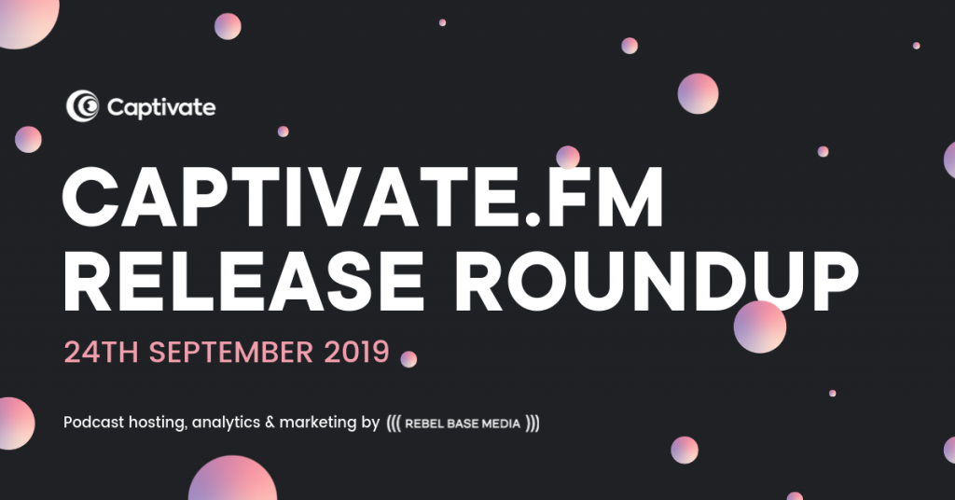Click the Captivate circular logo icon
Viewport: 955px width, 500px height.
(82, 106)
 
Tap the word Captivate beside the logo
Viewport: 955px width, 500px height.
(160, 108)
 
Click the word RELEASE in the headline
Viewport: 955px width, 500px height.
(243, 281)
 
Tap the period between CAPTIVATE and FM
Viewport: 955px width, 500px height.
(533, 219)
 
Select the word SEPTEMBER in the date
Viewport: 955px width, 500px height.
(231, 353)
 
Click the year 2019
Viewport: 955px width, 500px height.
(357, 353)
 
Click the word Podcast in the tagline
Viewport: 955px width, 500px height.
(94, 422)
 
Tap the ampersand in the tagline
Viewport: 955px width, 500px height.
(270, 423)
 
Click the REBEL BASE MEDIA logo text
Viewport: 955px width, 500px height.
(463, 424)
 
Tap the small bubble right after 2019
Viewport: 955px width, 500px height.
(408, 359)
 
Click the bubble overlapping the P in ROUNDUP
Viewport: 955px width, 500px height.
(759, 327)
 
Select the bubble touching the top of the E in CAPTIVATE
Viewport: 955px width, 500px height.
(568, 158)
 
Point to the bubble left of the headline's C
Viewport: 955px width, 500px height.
(28, 140)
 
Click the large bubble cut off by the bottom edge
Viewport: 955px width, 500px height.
(232, 479)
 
